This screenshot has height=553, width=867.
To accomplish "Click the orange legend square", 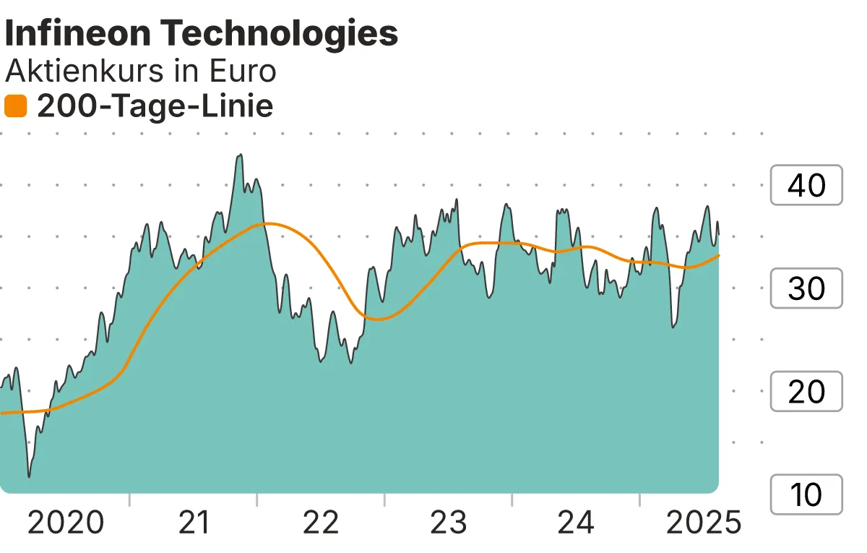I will point(15,107).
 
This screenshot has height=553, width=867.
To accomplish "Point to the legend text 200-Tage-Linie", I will point(155,107).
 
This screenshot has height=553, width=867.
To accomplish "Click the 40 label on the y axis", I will point(806,186).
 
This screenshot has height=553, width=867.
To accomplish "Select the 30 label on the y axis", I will point(806,288).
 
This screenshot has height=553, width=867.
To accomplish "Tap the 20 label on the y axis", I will point(806,392).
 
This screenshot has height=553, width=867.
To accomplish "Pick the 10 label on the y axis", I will point(806,494).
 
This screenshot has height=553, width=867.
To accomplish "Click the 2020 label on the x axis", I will point(66,523).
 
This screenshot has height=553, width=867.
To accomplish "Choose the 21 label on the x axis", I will point(193,523).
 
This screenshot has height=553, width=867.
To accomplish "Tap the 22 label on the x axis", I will point(321,523).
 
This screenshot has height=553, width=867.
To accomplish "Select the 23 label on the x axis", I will point(449,523).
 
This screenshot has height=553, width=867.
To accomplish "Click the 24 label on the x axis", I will point(576,523).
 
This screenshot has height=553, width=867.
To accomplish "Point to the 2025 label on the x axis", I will point(703,523).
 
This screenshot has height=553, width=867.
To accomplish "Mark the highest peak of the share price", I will point(240,155).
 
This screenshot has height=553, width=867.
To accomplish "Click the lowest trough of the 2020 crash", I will point(29,476).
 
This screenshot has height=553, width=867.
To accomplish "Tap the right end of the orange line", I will point(718,255).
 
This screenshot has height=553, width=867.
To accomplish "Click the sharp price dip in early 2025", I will point(673,327).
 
